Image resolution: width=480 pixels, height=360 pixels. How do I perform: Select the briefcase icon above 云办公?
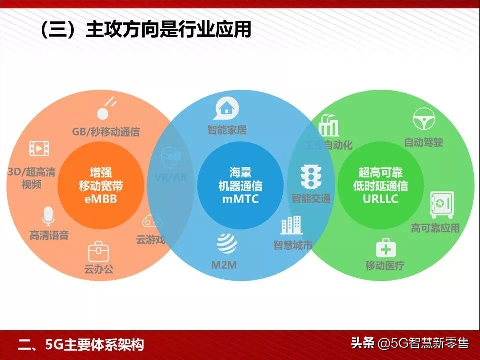pyautogui.click(x=98, y=251)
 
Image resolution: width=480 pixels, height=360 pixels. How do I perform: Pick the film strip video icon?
pyautogui.click(x=39, y=148)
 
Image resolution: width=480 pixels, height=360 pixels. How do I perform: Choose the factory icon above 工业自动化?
pyautogui.click(x=328, y=125)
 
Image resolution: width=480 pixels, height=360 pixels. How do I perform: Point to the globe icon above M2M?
pyautogui.click(x=227, y=243)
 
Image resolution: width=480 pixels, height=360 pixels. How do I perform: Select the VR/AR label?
pyautogui.click(x=171, y=177)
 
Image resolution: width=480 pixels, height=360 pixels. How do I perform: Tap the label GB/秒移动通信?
pyautogui.click(x=106, y=132)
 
